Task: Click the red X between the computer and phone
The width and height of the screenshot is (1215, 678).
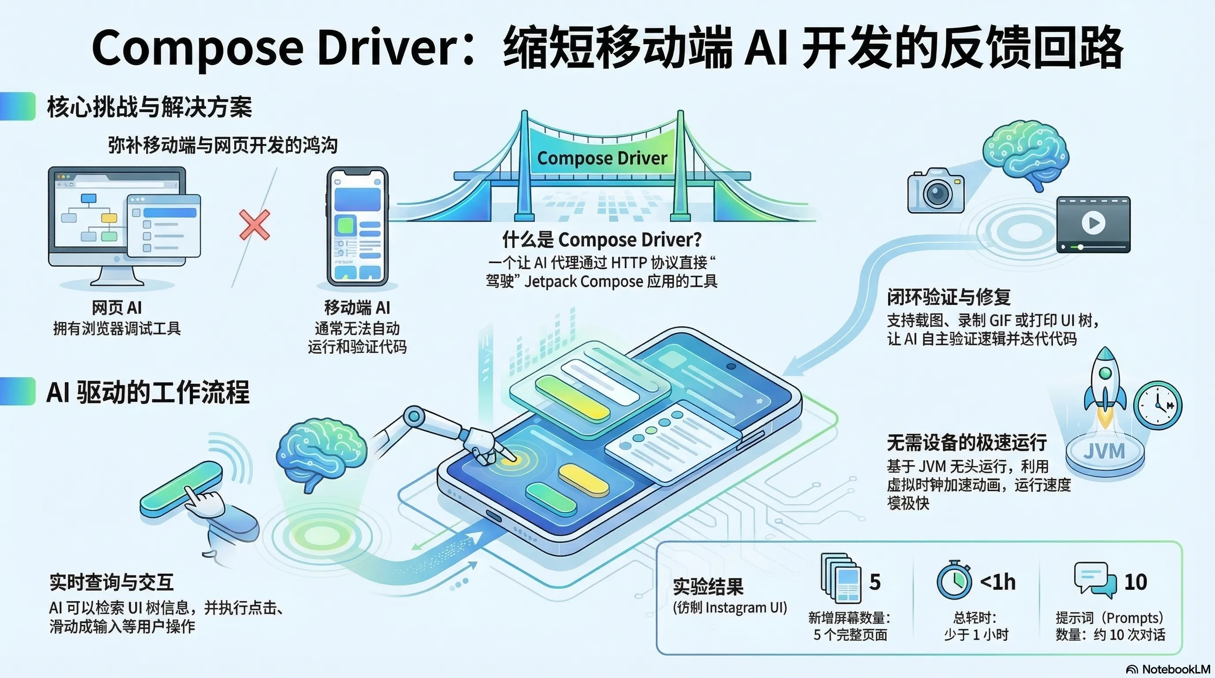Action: (x=255, y=225)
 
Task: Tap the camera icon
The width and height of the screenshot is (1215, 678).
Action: (x=936, y=191)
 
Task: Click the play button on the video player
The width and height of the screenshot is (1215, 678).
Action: (x=1093, y=222)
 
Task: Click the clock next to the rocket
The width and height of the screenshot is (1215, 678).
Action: (x=1158, y=404)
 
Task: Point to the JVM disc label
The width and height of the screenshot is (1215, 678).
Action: (x=1104, y=452)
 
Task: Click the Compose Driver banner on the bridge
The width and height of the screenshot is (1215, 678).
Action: (x=602, y=158)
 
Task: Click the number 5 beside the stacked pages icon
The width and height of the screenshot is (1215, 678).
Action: (x=875, y=582)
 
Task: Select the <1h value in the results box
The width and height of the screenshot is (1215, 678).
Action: (x=998, y=582)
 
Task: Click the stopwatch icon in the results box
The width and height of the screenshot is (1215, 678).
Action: (x=954, y=580)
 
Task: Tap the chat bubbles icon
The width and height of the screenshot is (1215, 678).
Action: (x=1095, y=580)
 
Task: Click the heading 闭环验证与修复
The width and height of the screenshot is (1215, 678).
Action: (x=948, y=297)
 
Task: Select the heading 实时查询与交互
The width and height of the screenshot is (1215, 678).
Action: (x=112, y=583)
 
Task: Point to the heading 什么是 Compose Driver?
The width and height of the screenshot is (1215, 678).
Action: (x=602, y=240)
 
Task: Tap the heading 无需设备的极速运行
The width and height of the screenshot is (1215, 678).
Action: (x=967, y=443)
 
